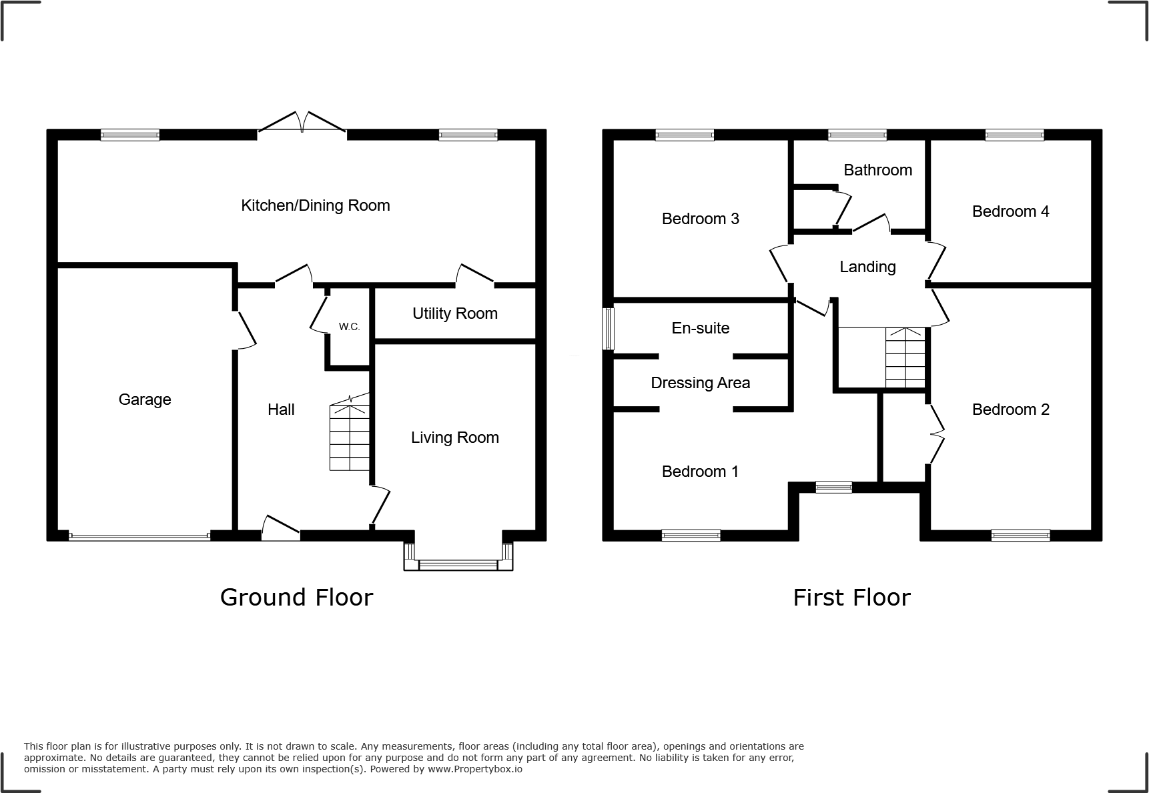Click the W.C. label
pos(349,327)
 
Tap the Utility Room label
pos(454,313)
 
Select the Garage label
pos(145,400)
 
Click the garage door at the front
pos(139,536)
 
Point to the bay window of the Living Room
pos(458,565)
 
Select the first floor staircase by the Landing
pos(905,358)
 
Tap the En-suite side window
pos(608,328)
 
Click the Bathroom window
pos(857,135)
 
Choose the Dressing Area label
pos(700,383)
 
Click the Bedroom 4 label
pos(1010,211)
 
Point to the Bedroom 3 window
pos(685,135)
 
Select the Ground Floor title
pos(296,597)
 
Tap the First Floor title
pos(851,597)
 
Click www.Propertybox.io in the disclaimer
pos(475,769)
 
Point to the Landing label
pos(867,267)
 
